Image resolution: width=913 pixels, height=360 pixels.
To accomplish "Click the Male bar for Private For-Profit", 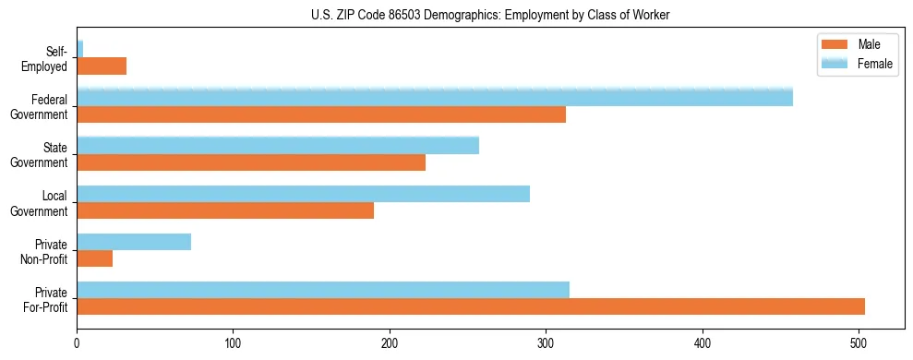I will tap(471, 306).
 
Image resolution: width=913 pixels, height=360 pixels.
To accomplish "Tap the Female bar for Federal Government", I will tap(435, 97).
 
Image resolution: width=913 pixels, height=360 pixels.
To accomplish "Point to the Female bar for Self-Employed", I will tap(80, 49).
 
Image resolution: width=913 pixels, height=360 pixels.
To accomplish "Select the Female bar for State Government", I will tap(278, 145).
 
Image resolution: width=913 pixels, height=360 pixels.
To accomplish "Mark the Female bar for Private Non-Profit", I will tap(134, 242).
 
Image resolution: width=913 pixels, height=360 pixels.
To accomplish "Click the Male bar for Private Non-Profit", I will tap(95, 258).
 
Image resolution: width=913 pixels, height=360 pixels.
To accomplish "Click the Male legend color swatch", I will tap(834, 45).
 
